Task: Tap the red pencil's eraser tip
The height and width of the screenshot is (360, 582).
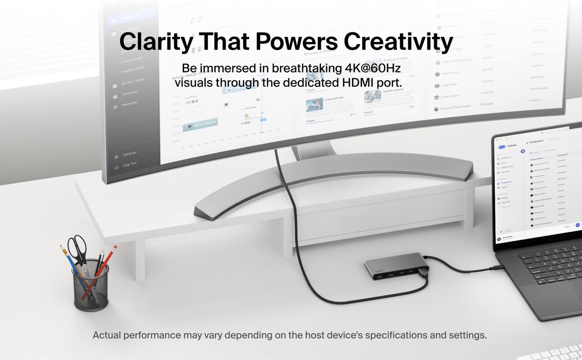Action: click(x=114, y=248)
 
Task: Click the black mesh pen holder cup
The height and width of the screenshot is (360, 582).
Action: click(x=91, y=286)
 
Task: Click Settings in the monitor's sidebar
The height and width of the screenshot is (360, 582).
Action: click(x=130, y=154)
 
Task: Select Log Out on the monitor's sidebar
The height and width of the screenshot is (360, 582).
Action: click(x=130, y=164)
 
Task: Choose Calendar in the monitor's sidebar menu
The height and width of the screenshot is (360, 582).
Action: click(x=129, y=94)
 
